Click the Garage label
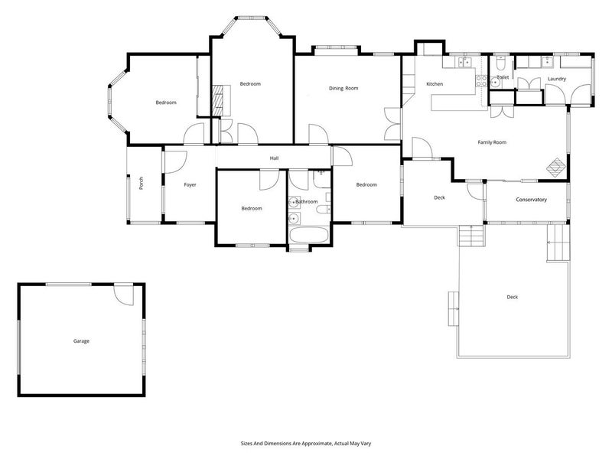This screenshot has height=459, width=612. (81, 341)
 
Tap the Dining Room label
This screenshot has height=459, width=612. (343, 88)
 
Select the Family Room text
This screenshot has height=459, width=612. (492, 142)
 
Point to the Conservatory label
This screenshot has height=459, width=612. (531, 200)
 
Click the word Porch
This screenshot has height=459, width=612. (141, 184)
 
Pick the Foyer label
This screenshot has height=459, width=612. (190, 185)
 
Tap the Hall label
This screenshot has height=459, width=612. (274, 158)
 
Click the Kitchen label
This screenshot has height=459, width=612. (435, 84)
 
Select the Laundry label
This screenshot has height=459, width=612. (557, 79)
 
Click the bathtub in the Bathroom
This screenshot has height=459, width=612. (309, 236)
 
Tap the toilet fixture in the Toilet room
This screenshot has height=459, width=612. (500, 63)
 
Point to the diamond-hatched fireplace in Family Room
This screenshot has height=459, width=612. (556, 166)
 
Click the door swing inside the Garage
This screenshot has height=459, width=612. (123, 295)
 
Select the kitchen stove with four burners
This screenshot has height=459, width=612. (481, 81)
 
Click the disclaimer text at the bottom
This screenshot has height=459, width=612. (306, 444)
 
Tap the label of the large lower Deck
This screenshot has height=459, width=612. (512, 297)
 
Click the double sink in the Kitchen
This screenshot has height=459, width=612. (464, 62)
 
